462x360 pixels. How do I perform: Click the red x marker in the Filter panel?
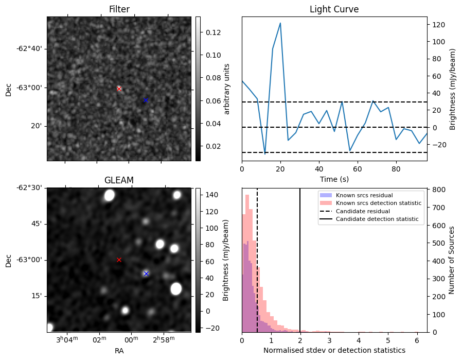click(119, 89)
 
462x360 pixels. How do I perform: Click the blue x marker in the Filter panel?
click(146, 100)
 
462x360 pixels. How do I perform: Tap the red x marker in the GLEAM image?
click(119, 260)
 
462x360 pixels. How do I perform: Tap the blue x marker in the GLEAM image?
click(146, 273)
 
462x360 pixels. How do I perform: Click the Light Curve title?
click(334, 9)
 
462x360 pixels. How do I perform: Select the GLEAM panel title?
click(119, 180)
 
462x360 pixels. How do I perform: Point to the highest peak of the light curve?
click(280, 23)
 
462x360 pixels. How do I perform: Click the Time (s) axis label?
click(334, 178)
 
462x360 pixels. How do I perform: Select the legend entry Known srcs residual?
click(364, 195)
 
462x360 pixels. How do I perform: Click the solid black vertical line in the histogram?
click(300, 258)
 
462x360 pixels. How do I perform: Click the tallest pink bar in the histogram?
click(247, 258)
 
